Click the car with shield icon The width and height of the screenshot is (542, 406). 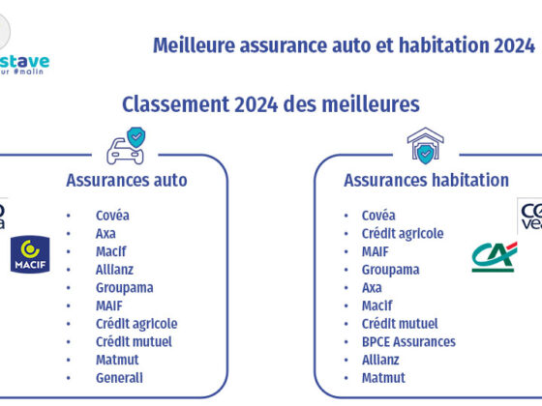126,146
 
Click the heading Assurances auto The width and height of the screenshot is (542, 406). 127,180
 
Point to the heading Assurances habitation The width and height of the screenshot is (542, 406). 426,180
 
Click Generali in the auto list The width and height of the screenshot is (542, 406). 119,378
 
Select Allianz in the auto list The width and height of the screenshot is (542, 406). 114,270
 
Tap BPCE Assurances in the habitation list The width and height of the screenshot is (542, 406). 408,341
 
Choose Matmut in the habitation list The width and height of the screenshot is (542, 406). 383,378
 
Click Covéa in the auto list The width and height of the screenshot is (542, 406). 112,216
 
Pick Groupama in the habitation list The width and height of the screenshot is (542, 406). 391,270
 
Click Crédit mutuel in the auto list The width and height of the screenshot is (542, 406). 134,341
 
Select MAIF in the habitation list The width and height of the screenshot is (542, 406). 376,251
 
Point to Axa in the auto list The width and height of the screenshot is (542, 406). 105,234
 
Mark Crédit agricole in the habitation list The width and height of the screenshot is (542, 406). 403,233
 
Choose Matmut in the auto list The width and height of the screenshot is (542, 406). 117,360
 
